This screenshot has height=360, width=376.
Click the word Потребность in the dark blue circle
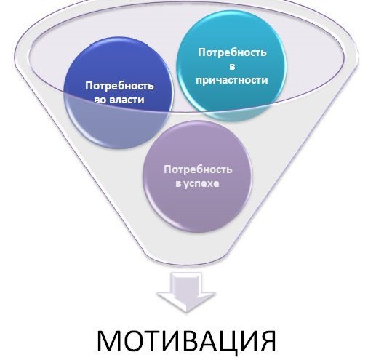coord(119,87)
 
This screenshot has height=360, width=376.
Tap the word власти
coord(127,100)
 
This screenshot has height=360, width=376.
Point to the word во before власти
coord(100,100)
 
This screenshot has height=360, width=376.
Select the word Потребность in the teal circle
coord(232,52)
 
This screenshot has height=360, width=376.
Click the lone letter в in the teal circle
coord(232,67)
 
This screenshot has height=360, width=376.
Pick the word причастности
coord(232,81)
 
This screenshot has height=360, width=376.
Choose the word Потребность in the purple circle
coord(198,169)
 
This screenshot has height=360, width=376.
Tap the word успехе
coord(201,184)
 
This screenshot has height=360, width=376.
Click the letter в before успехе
coord(178,184)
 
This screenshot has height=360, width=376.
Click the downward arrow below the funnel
coord(186,292)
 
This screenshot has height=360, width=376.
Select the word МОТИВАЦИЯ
coord(186,340)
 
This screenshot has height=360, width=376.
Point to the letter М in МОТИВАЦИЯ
coord(109,340)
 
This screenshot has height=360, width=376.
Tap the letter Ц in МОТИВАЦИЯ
coord(228,340)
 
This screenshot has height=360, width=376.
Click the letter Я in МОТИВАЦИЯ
coord(268,340)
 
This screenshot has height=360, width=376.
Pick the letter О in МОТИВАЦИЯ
coord(135,340)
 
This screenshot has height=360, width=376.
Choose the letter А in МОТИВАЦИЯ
coord(208,340)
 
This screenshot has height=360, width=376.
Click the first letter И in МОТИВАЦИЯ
coord(170,340)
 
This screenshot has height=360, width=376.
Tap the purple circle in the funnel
coord(196,177)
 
